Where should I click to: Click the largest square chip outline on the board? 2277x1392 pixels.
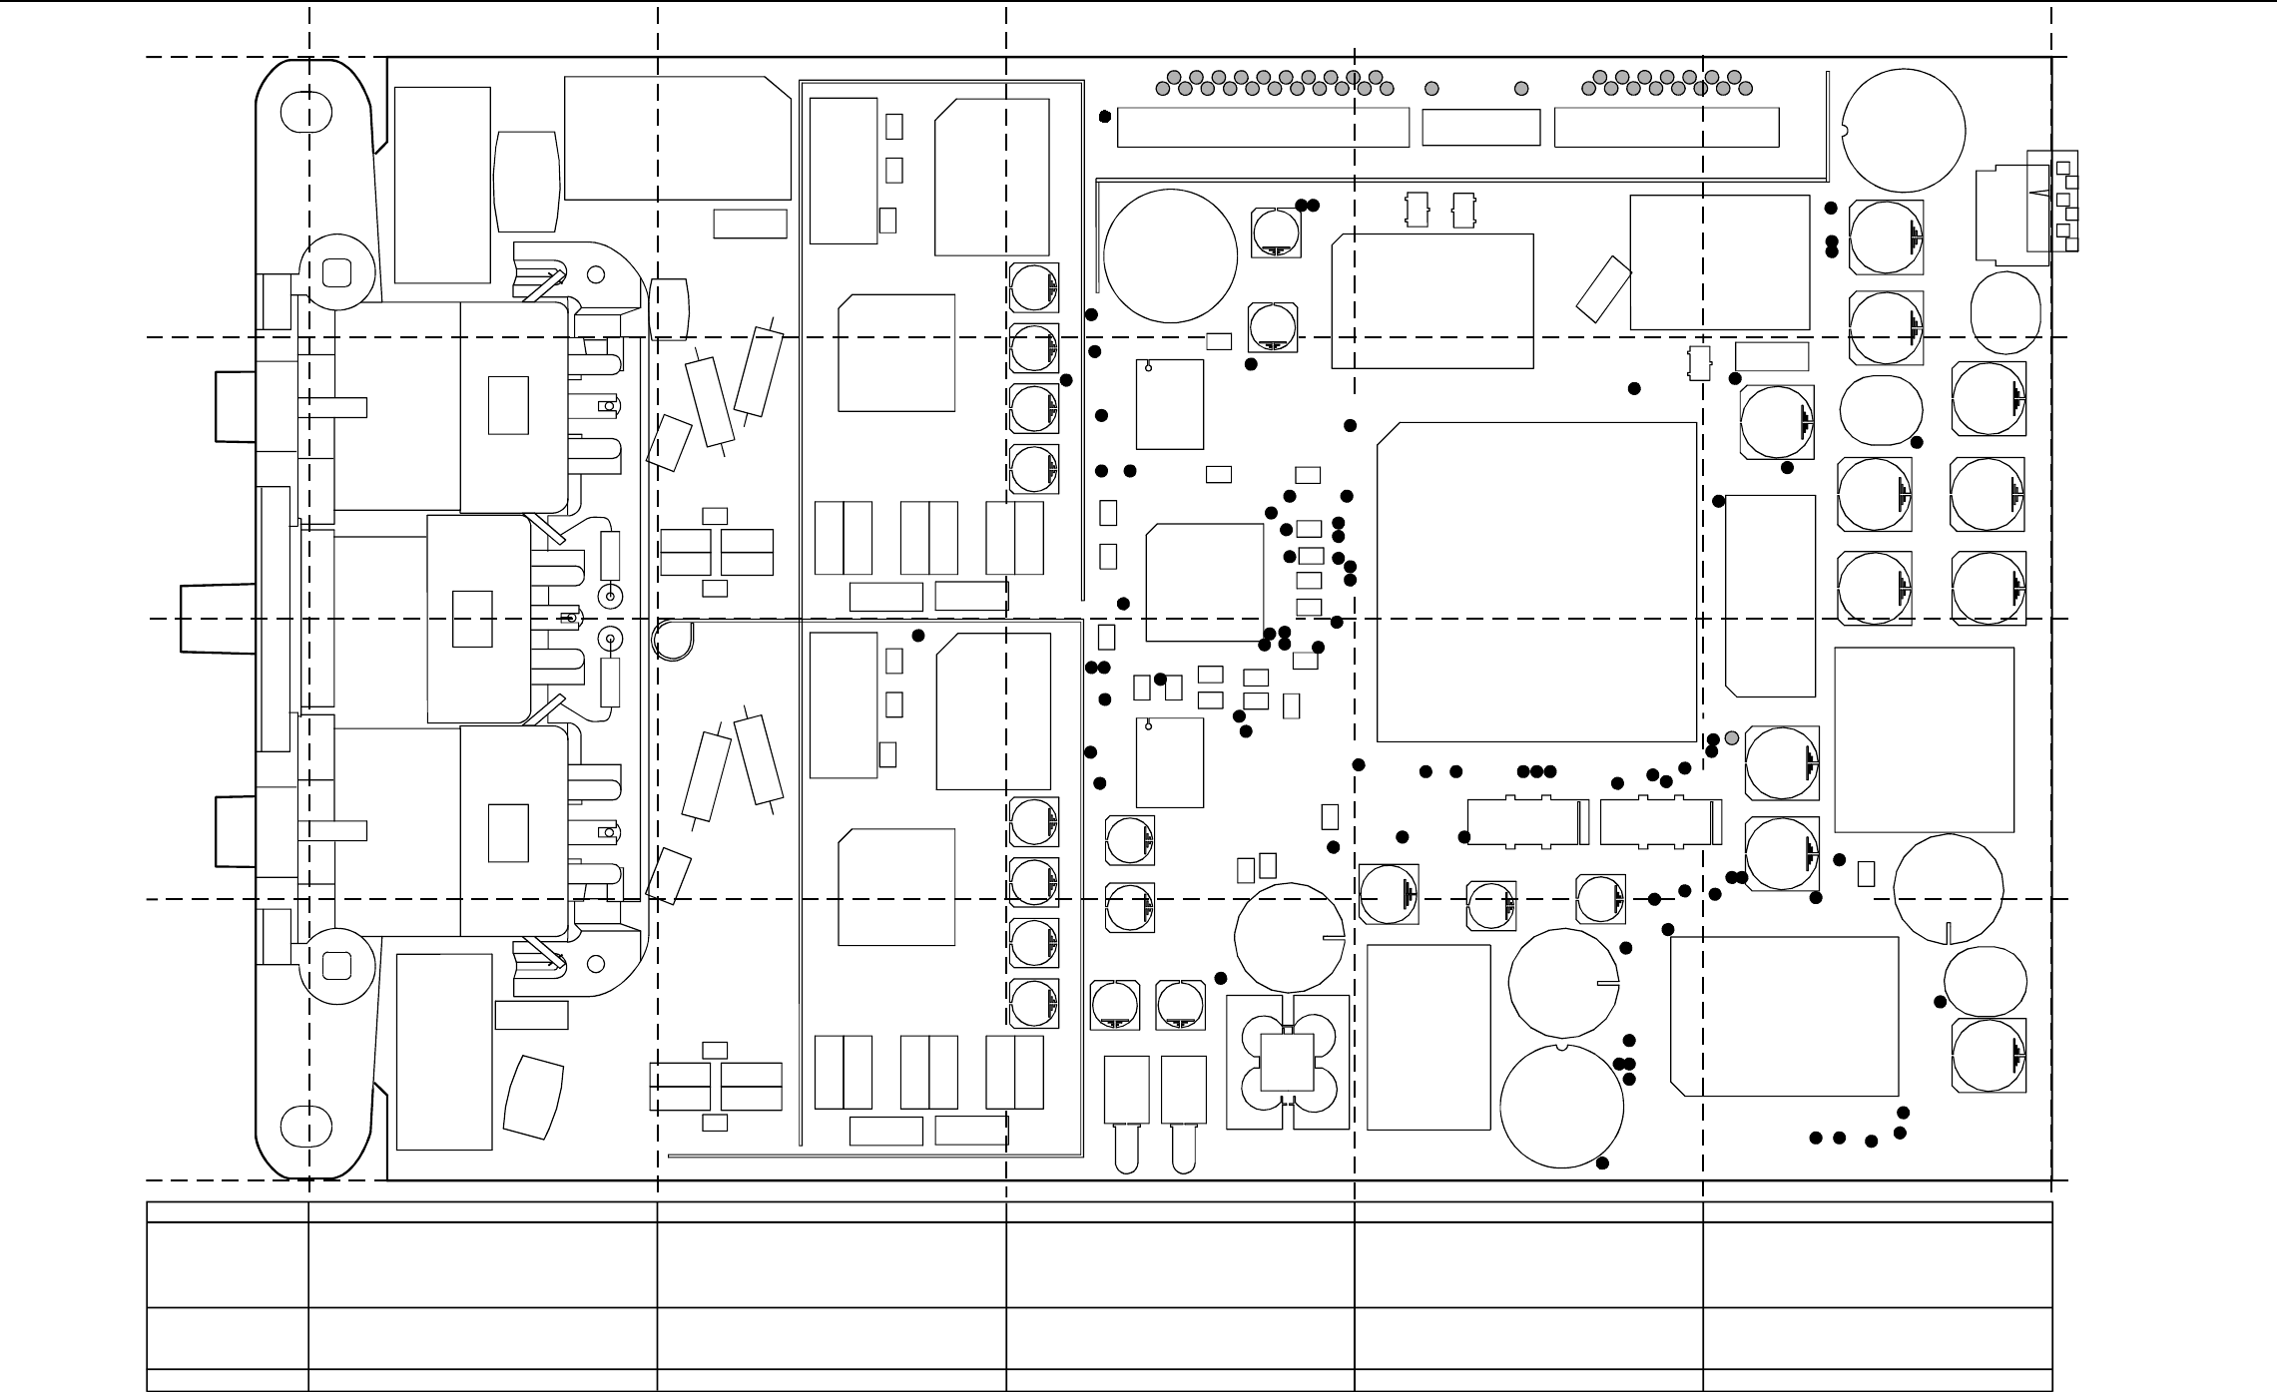tap(1536, 582)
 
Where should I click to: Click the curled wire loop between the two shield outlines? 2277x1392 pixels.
tap(670, 640)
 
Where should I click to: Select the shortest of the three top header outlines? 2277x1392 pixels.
tap(1480, 128)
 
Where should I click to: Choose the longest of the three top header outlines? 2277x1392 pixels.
tap(1263, 128)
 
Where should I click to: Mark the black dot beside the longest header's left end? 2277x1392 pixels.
tap(1105, 117)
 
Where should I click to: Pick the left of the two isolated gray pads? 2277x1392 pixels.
tap(1432, 89)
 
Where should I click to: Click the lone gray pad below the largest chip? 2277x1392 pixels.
tap(1732, 737)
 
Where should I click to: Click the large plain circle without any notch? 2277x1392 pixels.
tap(1171, 255)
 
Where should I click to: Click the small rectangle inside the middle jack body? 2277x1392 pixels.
tap(472, 619)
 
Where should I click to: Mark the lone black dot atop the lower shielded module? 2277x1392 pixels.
tap(918, 636)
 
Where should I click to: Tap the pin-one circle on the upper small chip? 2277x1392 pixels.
tap(1148, 368)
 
